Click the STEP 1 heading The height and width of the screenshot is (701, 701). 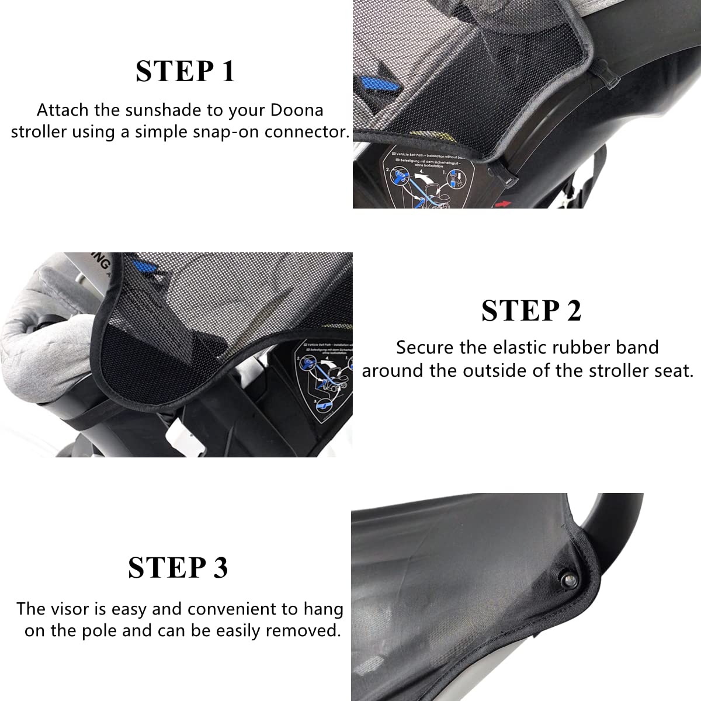pos(185,71)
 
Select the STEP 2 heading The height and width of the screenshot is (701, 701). pos(531,311)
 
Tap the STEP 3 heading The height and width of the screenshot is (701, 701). pos(178,568)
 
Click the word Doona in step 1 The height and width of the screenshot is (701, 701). pos(297,110)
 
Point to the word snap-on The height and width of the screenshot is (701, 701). pos(225,131)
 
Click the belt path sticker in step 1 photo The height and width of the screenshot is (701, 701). pos(435,175)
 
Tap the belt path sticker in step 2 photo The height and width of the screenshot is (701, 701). pos(324,377)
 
